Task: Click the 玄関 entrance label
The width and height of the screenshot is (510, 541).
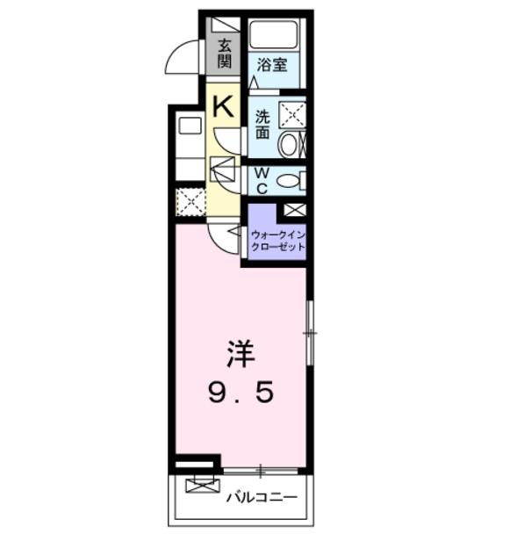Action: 224,54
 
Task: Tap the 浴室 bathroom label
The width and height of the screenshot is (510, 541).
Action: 272,64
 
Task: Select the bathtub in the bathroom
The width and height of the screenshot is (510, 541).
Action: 274,35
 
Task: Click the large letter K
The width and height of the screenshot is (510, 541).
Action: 223,106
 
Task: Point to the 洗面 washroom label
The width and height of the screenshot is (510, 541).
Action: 262,124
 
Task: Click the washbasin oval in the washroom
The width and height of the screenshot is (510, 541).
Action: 288,145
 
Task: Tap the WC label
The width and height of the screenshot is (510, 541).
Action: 262,181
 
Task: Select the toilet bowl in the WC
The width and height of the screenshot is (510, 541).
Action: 288,181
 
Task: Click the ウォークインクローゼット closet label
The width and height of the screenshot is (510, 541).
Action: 277,242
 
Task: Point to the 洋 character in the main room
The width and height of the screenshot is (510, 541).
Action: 241,354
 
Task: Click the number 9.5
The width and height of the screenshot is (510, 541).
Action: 241,393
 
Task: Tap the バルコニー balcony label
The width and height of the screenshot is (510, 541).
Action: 262,497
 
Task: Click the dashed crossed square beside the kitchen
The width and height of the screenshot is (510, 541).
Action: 190,202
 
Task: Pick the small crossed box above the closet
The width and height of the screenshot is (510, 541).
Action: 294,210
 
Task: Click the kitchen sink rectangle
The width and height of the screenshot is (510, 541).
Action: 190,126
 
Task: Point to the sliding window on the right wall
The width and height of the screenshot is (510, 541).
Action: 310,333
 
